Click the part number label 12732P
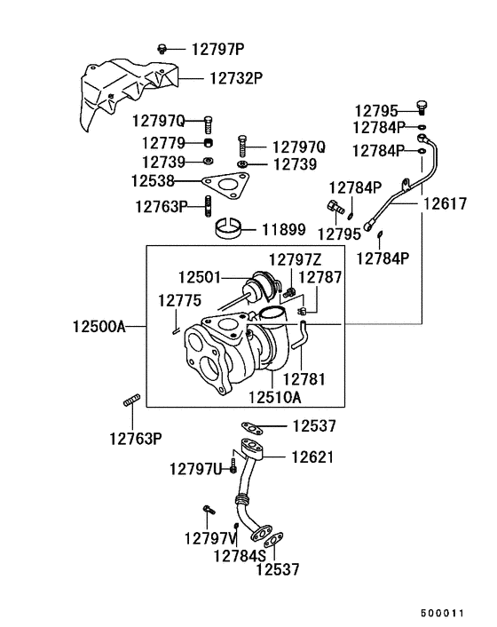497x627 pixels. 236,78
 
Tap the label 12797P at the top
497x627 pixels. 218,48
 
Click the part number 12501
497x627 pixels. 201,277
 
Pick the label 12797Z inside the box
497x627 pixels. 296,259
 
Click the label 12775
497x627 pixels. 180,300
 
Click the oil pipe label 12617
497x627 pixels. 443,204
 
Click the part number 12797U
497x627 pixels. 196,468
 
